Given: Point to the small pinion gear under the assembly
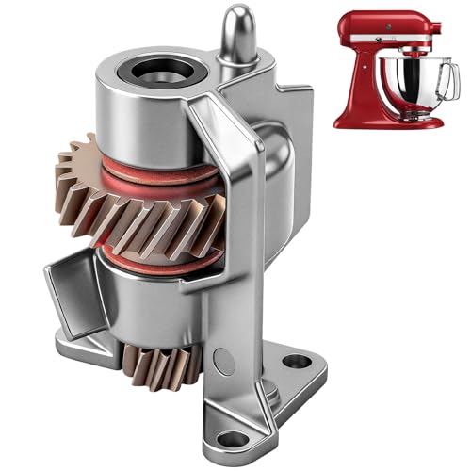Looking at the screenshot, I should (155, 363).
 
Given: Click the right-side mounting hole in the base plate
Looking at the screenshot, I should (296, 361).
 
